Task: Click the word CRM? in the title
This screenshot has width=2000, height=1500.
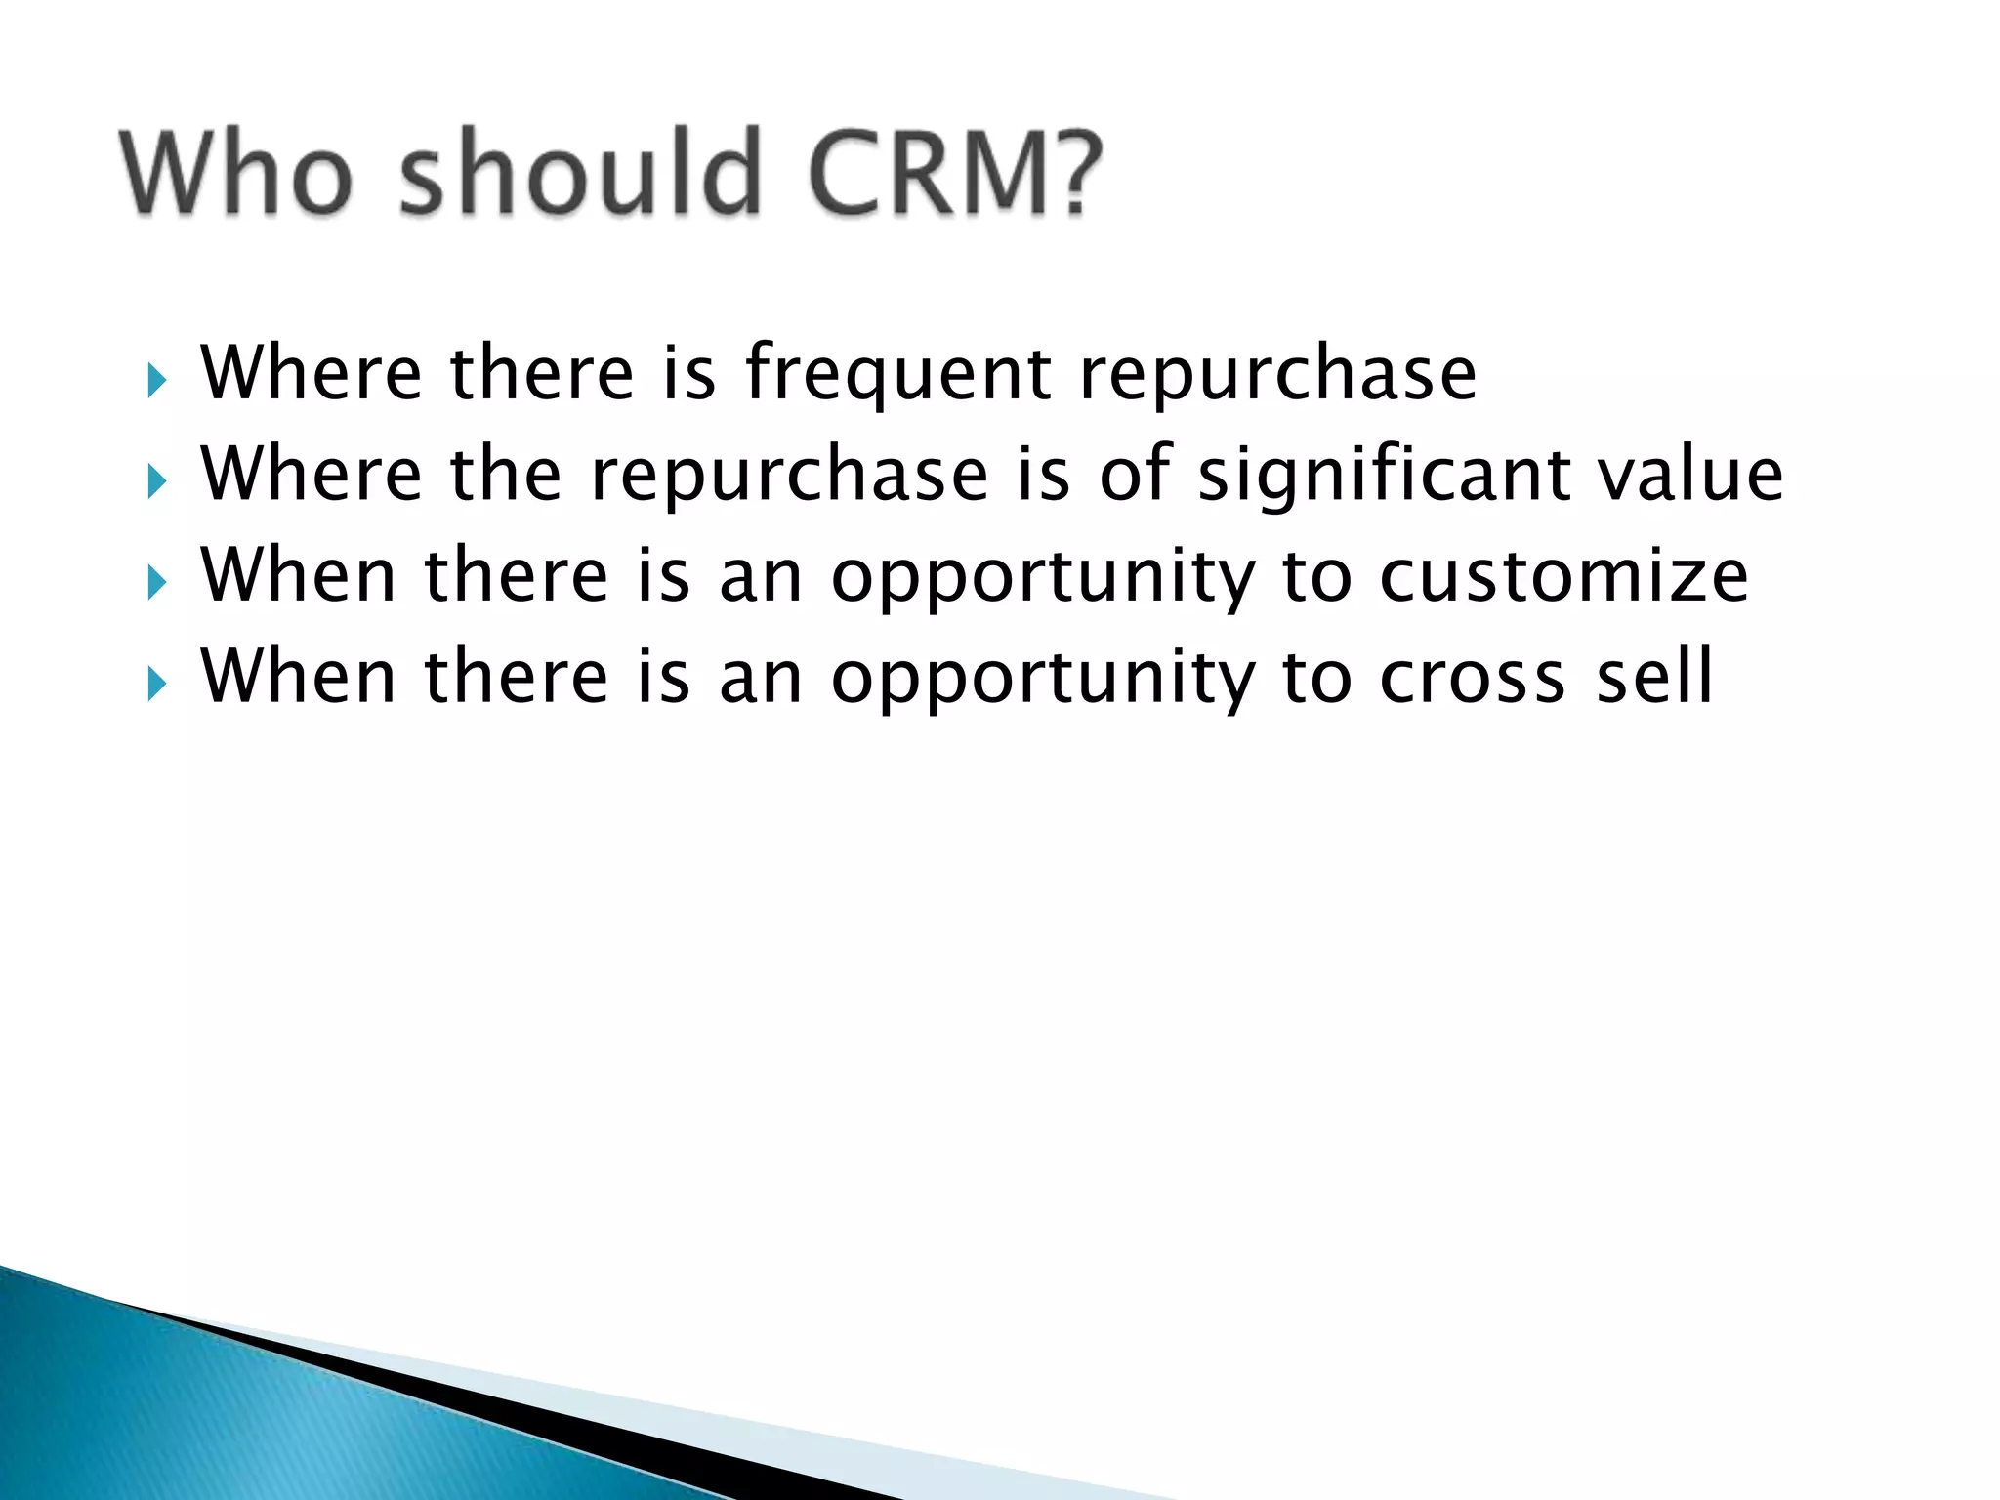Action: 955,175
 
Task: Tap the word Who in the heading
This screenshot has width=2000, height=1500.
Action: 235,175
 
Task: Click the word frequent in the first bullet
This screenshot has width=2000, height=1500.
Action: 898,376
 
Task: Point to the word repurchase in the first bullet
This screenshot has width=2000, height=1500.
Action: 1278,376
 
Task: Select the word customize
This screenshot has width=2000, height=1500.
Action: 1563,576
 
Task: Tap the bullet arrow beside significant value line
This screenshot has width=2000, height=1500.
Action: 157,480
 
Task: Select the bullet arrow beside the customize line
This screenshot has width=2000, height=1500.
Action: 157,582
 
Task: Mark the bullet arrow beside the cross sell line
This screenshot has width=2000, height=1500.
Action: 157,684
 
